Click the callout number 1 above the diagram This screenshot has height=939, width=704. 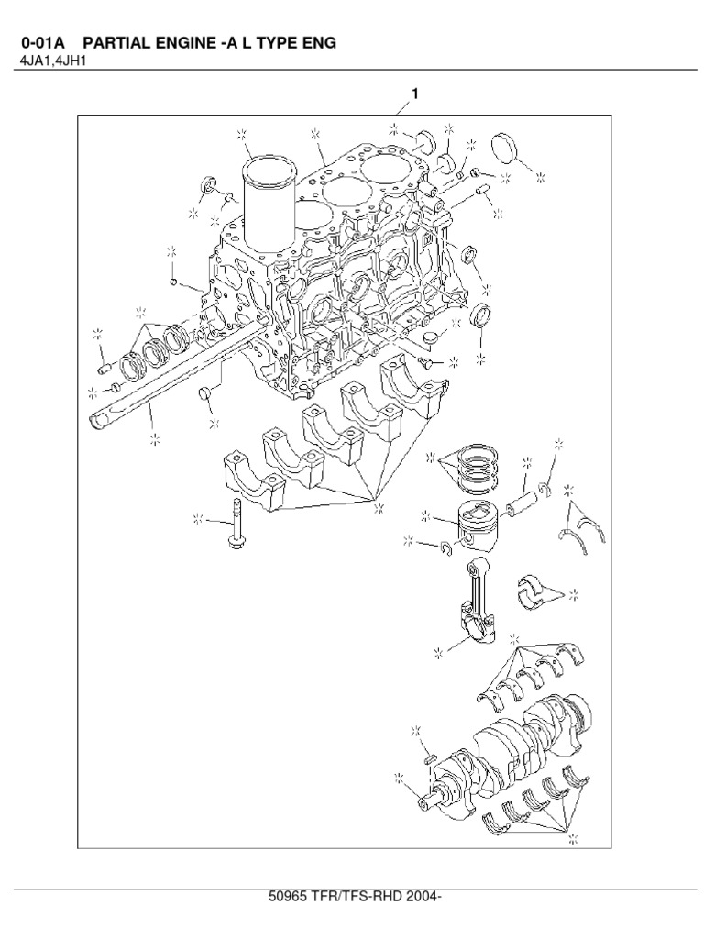pos(415,94)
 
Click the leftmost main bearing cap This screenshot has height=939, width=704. pos(241,477)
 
